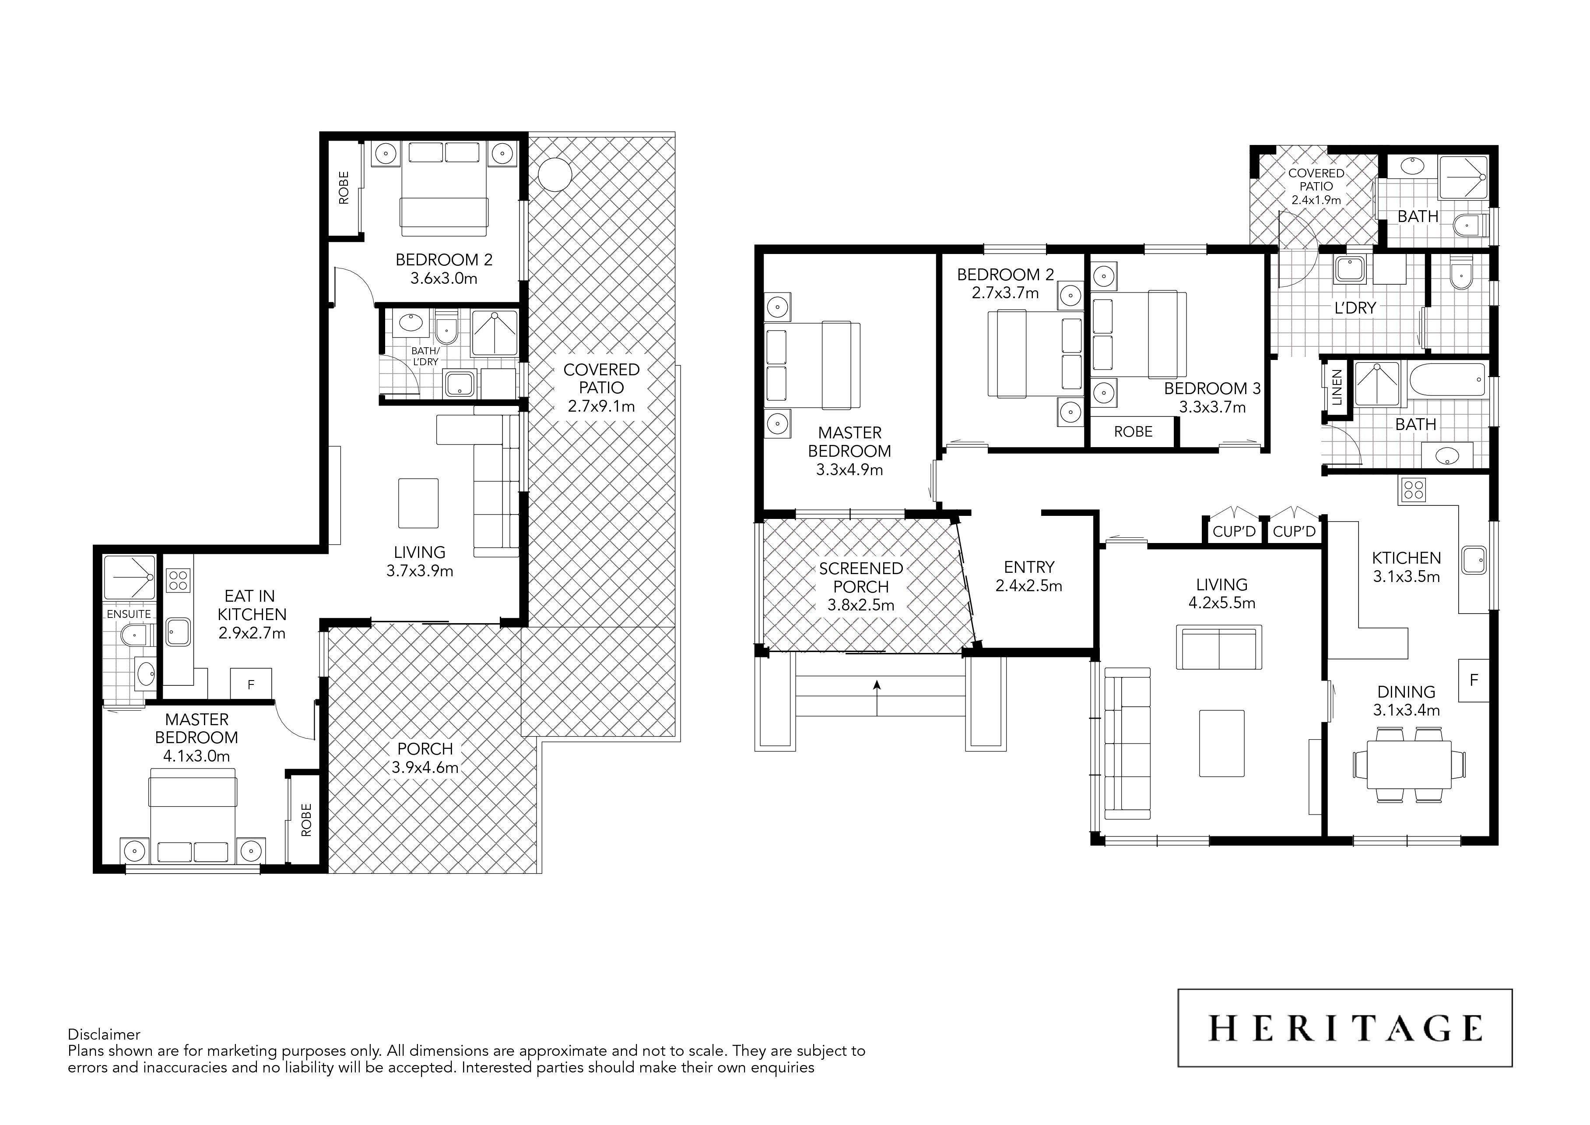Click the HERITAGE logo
pyautogui.click(x=1345, y=1028)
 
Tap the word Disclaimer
pyautogui.click(x=104, y=1035)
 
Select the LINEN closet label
pyautogui.click(x=1337, y=388)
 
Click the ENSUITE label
pyautogui.click(x=129, y=614)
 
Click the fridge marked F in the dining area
pyautogui.click(x=1474, y=680)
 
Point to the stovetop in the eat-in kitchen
pyautogui.click(x=179, y=580)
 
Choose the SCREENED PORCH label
pyautogui.click(x=861, y=578)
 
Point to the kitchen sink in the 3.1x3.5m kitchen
pyautogui.click(x=1474, y=560)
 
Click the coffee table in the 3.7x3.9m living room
pyautogui.click(x=418, y=503)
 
